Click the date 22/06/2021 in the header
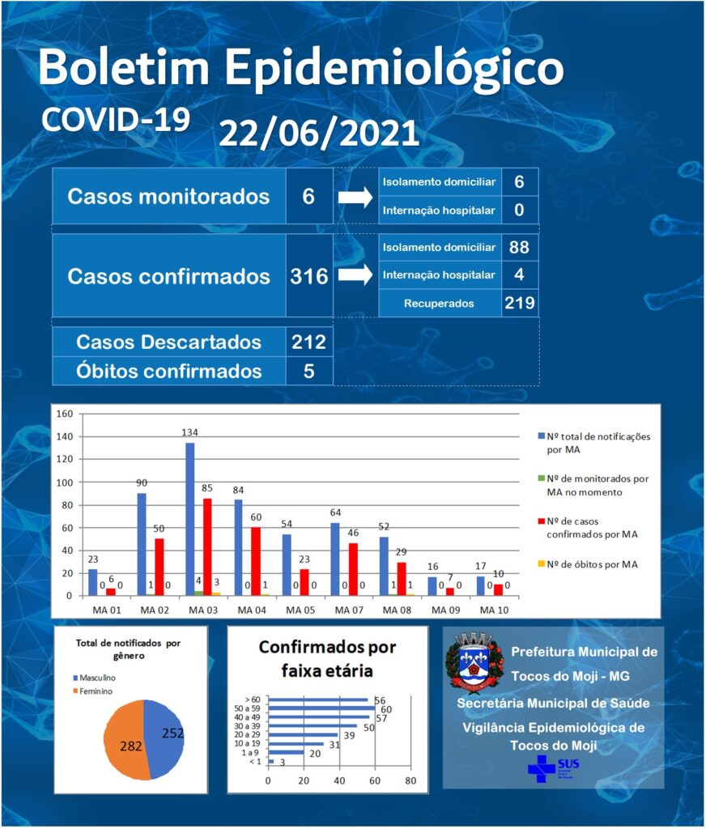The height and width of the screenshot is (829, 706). [x=319, y=134]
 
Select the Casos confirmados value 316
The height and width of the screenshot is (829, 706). [x=308, y=277]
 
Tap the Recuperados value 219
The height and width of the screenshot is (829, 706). [x=519, y=303]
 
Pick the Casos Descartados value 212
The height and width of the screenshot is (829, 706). [x=308, y=342]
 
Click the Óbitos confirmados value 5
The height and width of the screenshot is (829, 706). [x=308, y=371]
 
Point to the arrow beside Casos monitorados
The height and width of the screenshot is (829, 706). [x=355, y=198]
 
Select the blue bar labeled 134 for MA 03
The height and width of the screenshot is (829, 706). [x=189, y=519]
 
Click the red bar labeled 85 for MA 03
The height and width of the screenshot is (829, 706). [x=207, y=547]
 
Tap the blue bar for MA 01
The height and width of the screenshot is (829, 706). [x=92, y=583]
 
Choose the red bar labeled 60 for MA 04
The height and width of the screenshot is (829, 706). [x=256, y=562]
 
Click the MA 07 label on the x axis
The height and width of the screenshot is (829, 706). [x=349, y=610]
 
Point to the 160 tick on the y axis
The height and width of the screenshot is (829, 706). [x=65, y=414]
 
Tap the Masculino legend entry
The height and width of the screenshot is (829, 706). [x=94, y=678]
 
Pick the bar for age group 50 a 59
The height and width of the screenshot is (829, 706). [x=321, y=708]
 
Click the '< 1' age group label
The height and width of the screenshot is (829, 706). [x=255, y=762]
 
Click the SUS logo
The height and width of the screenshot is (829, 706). [x=554, y=768]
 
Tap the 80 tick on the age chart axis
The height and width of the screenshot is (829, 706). [x=410, y=781]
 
